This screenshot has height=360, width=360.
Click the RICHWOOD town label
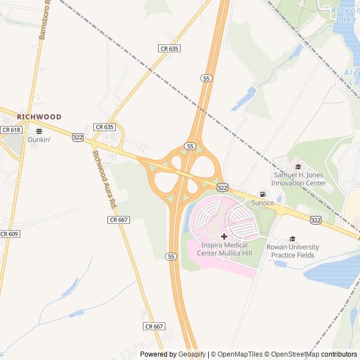[39, 117]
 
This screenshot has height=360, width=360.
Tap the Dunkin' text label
[39, 139]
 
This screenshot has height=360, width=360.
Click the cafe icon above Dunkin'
[39, 132]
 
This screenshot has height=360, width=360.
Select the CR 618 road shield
[11, 130]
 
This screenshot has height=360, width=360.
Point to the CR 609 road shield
[9, 234]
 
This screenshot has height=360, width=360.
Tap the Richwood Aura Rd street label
[103, 178]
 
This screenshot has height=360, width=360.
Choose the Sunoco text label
[262, 202]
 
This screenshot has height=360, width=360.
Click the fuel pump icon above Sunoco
[262, 194]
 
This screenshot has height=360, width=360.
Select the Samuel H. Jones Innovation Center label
[299, 179]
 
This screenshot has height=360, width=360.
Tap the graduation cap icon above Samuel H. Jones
[298, 166]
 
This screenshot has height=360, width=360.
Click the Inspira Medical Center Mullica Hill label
[224, 249]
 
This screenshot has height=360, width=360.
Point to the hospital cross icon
[224, 237]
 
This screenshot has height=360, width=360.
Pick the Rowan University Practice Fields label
[292, 251]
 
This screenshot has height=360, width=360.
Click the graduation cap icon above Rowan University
[292, 239]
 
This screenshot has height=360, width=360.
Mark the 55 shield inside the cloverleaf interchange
[190, 146]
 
